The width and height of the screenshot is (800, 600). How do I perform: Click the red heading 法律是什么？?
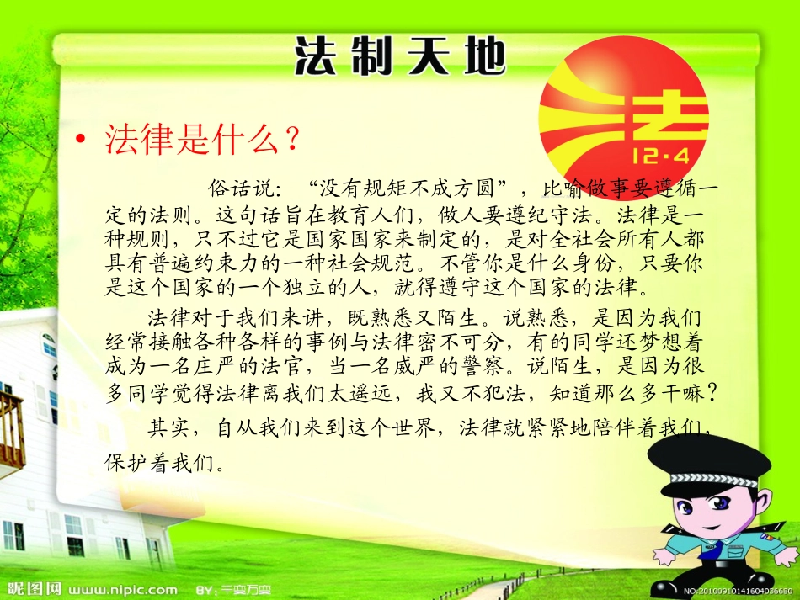[x=201, y=141]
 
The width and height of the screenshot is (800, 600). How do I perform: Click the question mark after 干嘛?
[x=712, y=394]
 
